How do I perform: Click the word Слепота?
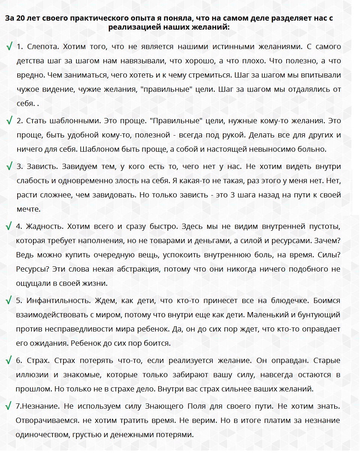click(x=43, y=47)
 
